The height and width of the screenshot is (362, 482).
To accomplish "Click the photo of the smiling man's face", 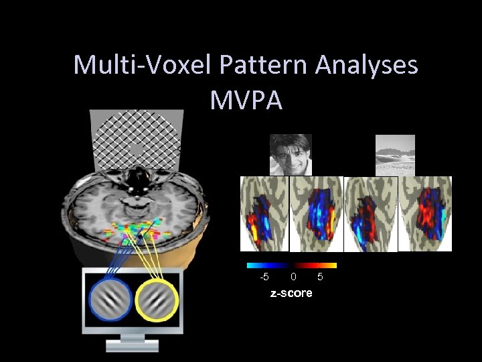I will [291, 154].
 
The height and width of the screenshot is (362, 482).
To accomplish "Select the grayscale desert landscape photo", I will [395, 154].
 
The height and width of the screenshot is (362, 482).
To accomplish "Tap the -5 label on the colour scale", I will [264, 276].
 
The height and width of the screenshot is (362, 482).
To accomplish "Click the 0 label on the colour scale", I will [293, 276].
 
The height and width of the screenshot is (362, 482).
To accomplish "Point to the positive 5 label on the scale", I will [320, 276].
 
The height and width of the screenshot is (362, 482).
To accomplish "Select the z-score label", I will [291, 293].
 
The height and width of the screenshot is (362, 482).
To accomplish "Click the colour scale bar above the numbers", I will [291, 265].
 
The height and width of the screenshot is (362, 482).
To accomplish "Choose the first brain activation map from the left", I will [264, 214].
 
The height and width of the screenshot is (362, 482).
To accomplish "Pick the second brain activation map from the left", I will [316, 214].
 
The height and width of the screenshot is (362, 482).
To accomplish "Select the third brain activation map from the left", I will [370, 214].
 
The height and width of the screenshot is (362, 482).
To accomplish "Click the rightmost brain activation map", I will [425, 214].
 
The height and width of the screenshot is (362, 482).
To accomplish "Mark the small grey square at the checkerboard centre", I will [137, 149].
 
